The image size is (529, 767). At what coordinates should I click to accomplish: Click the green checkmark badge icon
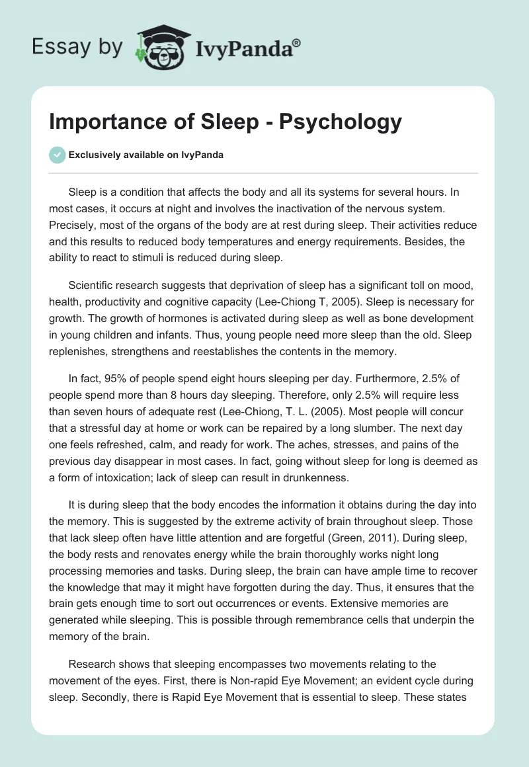pos(57,155)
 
